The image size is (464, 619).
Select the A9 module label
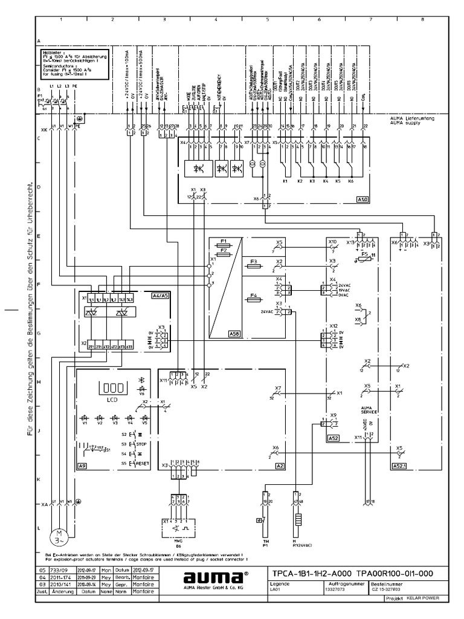coord(83,465)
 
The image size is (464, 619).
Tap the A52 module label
coord(333,436)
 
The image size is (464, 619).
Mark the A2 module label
coord(280,465)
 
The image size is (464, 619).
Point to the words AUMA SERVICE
coord(369,410)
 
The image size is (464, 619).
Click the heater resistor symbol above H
coord(297,522)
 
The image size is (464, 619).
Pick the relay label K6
coord(351,180)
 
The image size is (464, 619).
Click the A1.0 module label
coord(362,198)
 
